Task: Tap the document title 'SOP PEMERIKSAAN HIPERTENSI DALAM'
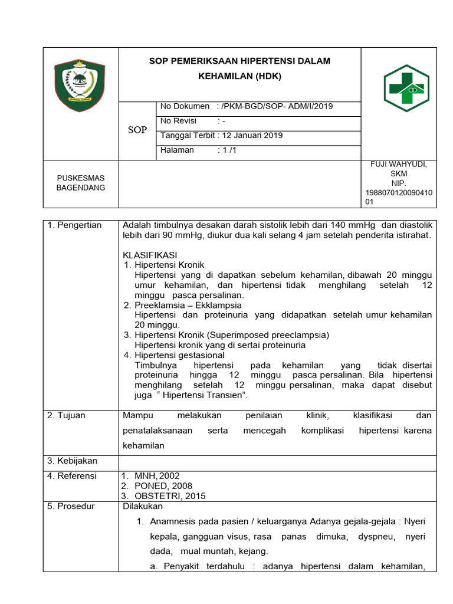tap(239, 61)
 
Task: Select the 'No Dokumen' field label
tap(185, 106)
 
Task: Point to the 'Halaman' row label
tap(177, 150)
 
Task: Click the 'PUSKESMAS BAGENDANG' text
tap(81, 183)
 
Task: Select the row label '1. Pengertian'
tap(74, 225)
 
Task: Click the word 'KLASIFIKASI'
tap(150, 255)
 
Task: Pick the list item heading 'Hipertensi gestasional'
tap(179, 355)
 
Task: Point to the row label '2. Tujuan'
tap(66, 415)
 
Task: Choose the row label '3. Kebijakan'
tap(72, 461)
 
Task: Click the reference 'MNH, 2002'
tap(157, 475)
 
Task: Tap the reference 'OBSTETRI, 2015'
tap(170, 496)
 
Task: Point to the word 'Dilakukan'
tap(142, 506)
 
